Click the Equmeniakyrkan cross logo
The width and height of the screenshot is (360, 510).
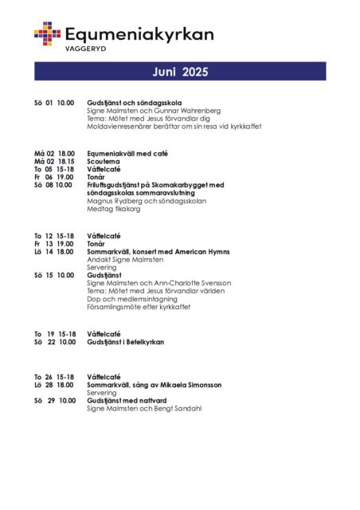click(x=47, y=33)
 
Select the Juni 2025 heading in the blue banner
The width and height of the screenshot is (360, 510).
click(x=180, y=73)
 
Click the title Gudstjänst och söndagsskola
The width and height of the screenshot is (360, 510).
click(x=135, y=103)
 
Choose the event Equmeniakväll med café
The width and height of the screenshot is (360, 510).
click(x=127, y=153)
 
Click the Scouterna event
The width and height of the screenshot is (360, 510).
click(x=104, y=161)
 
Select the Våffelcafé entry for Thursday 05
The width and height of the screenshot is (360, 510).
click(x=104, y=169)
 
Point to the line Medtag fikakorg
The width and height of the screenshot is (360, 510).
click(x=113, y=209)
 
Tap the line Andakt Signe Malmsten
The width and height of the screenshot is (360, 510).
click(x=125, y=260)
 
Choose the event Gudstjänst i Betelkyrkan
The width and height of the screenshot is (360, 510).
click(x=126, y=342)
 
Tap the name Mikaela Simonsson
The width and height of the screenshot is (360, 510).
click(x=192, y=385)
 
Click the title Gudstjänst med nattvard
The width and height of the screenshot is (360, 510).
click(x=131, y=400)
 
